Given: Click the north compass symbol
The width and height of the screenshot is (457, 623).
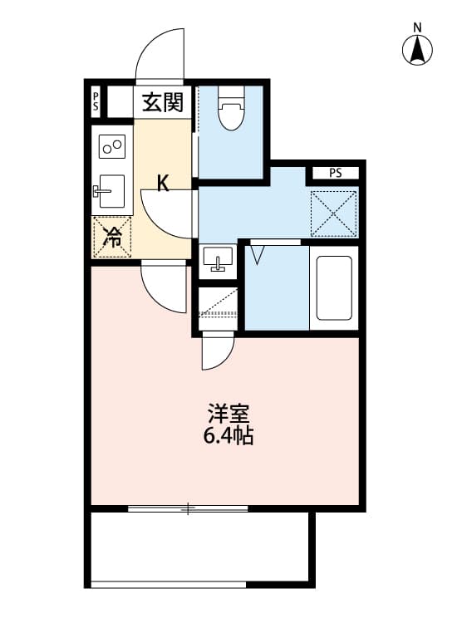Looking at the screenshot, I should coord(418,51).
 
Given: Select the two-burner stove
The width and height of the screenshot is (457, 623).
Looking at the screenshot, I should coord(112,147).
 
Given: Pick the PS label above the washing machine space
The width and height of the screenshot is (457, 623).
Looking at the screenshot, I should coord(334,174).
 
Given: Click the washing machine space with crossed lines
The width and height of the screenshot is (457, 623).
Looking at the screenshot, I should coord(334,213).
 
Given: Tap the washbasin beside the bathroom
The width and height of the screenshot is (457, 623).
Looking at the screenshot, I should coord(219,259).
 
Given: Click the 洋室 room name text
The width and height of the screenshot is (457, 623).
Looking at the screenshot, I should coord(228,414).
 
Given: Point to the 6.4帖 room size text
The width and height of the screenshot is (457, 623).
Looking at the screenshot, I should coord(228,436).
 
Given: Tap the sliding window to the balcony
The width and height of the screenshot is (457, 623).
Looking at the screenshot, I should coord(189,508).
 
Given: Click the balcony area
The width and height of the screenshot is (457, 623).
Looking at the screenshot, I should coord(199,548).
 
